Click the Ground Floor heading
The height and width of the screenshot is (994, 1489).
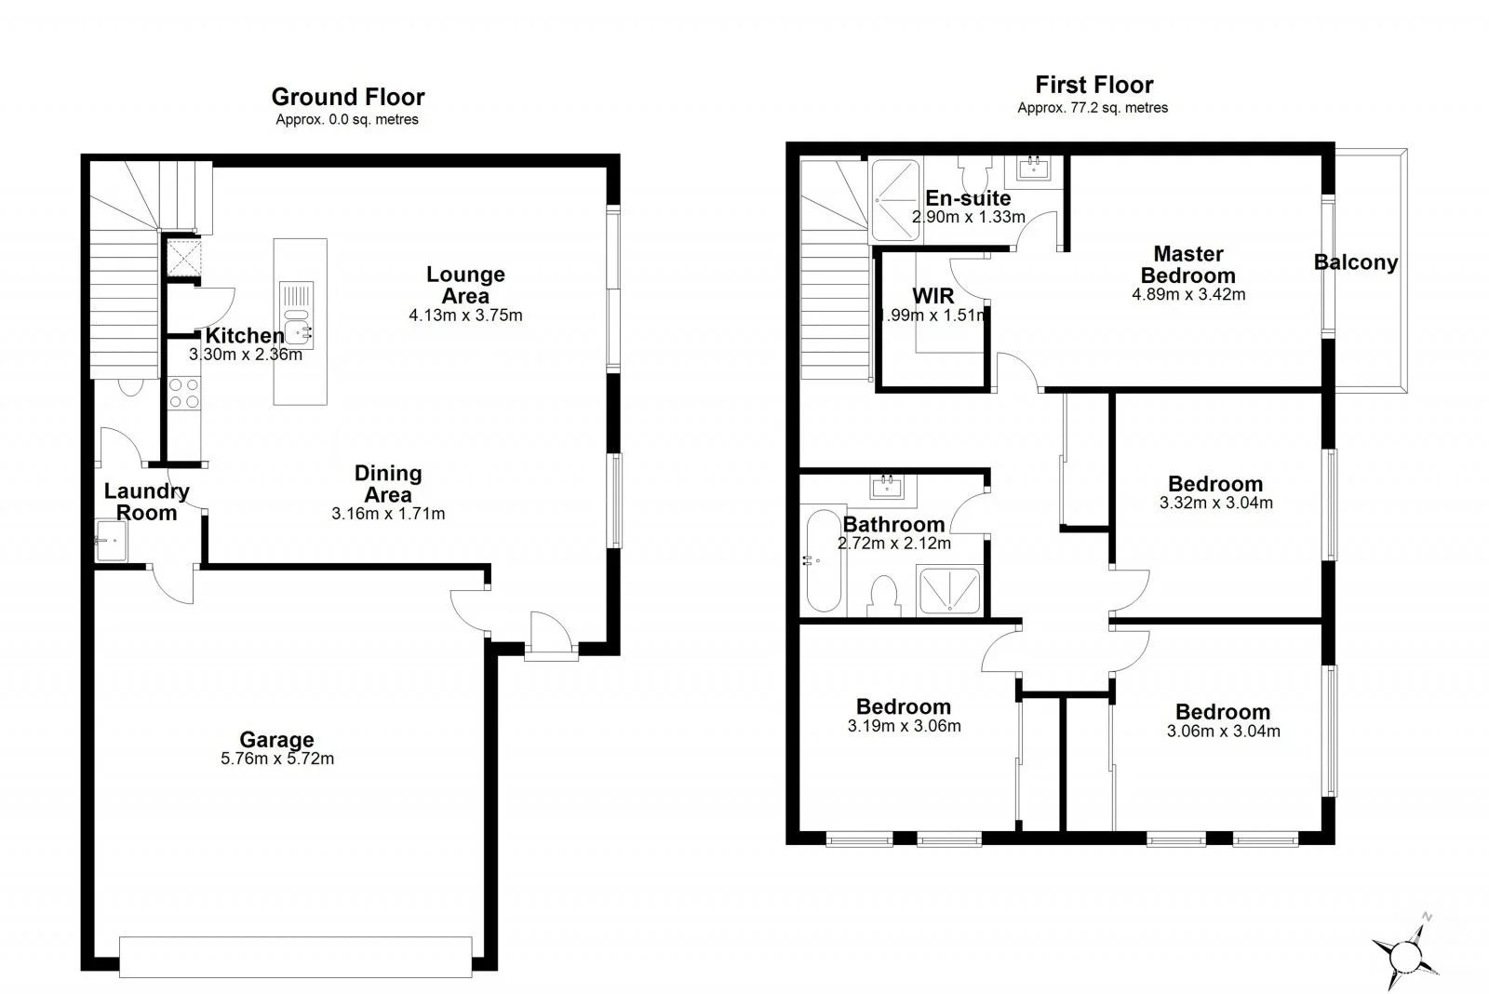[348, 97]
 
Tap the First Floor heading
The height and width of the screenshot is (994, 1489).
[1093, 85]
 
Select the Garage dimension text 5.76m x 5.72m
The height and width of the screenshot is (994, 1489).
[277, 759]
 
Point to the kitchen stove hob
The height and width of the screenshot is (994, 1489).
[184, 393]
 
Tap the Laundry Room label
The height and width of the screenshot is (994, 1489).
[146, 502]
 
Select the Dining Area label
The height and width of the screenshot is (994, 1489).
[388, 483]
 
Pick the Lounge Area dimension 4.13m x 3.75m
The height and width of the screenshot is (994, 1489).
[465, 316]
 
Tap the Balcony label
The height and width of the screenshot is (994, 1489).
[1355, 262]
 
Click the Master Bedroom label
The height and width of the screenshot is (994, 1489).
[1187, 264]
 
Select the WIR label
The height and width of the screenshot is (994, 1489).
[932, 296]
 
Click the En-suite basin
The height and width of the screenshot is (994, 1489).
[1034, 168]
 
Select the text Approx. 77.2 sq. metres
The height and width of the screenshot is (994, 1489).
[1093, 108]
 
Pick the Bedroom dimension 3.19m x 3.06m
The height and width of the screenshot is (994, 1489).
[904, 726]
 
